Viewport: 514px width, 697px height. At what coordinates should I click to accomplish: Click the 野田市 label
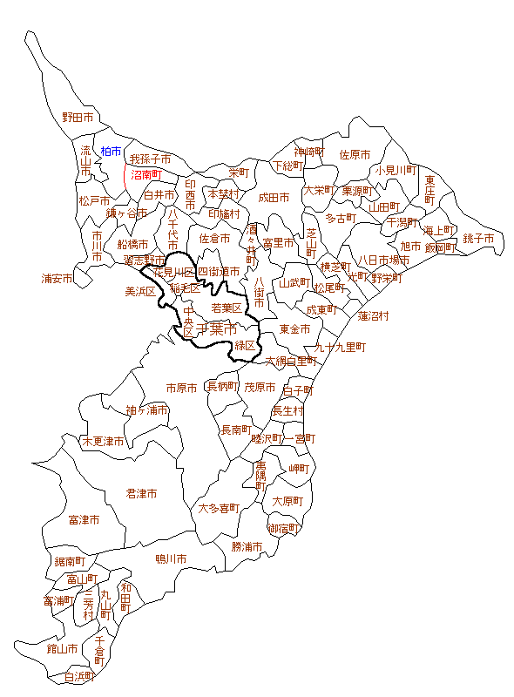(x=78, y=117)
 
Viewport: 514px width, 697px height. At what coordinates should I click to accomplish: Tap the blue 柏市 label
(x=112, y=152)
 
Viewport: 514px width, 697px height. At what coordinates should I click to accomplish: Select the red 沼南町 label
(x=145, y=174)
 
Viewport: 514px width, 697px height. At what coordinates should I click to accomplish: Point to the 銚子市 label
(x=478, y=239)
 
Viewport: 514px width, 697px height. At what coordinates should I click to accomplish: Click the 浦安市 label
(x=57, y=279)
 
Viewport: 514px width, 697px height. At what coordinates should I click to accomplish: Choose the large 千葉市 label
(x=216, y=329)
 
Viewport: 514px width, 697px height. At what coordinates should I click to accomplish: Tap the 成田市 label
(x=274, y=198)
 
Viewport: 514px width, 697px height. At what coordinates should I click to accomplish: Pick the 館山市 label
(x=38, y=648)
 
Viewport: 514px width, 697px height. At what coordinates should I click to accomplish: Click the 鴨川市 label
(x=171, y=558)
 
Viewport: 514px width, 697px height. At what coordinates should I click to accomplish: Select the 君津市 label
(x=141, y=493)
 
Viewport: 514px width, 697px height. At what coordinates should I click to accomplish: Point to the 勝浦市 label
(x=247, y=547)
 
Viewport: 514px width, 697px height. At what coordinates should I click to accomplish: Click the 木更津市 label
(x=103, y=442)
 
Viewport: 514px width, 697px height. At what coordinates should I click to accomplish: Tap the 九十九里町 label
(x=341, y=347)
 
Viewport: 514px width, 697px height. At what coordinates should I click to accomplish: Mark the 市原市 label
(x=183, y=387)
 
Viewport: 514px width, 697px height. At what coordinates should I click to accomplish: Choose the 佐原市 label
(x=355, y=154)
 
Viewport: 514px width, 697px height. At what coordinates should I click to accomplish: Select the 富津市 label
(x=84, y=520)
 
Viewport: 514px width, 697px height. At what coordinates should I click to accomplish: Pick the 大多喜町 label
(x=218, y=508)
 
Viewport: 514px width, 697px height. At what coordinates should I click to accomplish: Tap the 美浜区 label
(x=140, y=291)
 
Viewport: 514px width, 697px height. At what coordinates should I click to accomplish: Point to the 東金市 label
(x=295, y=329)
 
